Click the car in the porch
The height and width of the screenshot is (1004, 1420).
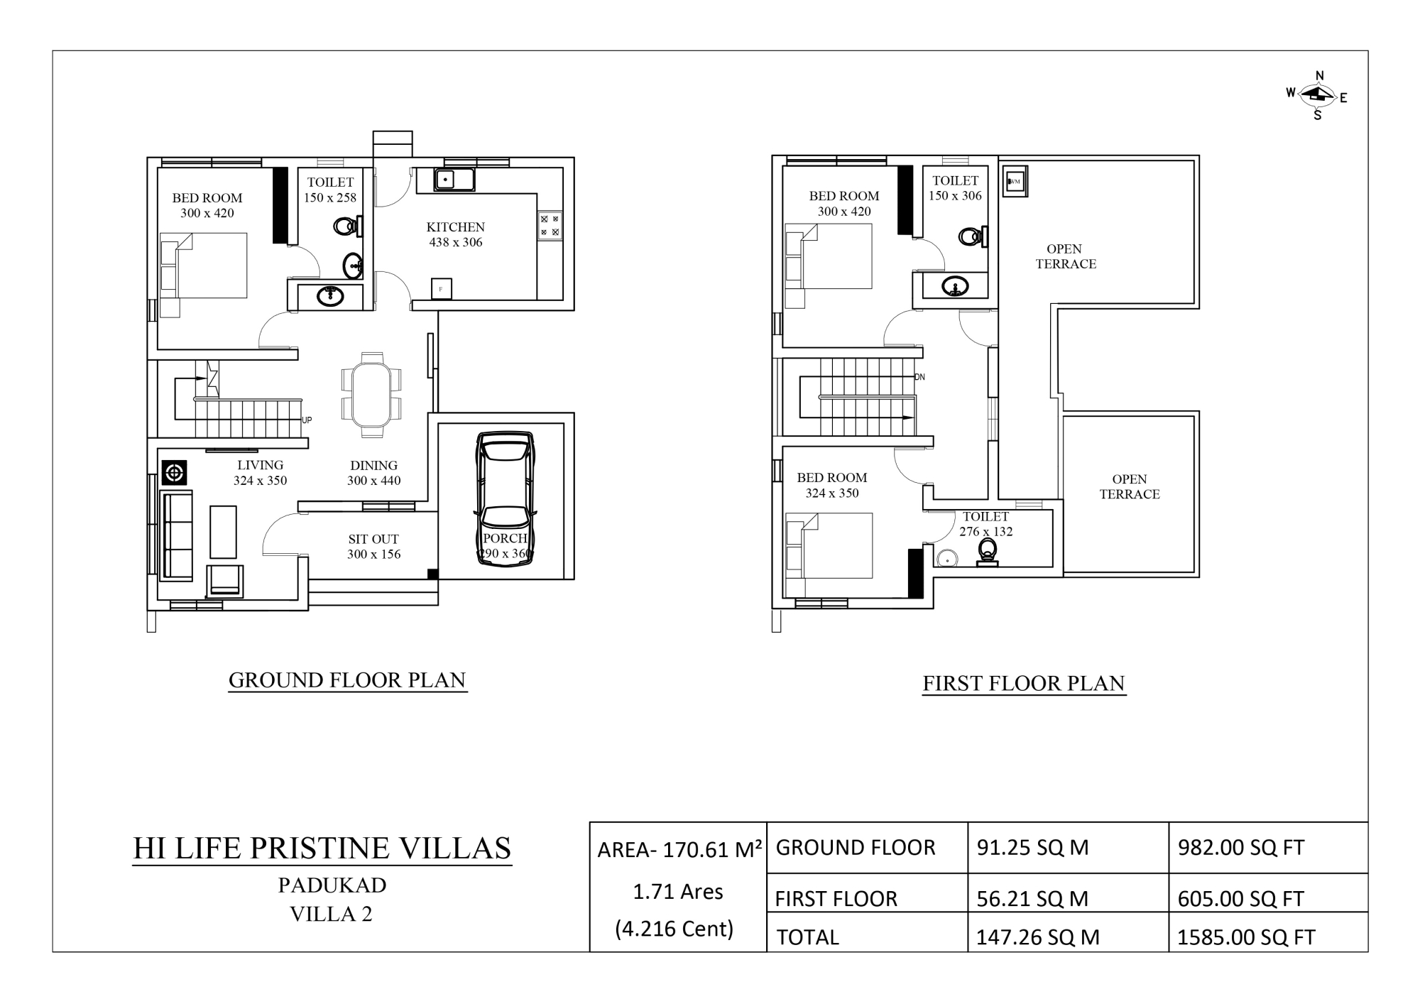[x=505, y=499]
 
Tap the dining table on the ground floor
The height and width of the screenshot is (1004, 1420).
[x=371, y=394]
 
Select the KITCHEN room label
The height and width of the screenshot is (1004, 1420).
[x=456, y=227]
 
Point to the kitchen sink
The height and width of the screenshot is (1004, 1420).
[x=455, y=180]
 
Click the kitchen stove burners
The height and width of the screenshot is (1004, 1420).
[x=550, y=225]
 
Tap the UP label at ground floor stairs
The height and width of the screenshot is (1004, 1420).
[x=307, y=420]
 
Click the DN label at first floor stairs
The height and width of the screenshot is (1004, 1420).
[x=920, y=377]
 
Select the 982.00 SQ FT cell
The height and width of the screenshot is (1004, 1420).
[x=1241, y=847]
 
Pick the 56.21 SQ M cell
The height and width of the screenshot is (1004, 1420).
[x=1032, y=898]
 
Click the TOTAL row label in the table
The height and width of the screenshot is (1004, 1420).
[x=808, y=937]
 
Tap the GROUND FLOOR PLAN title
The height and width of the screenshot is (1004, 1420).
[x=347, y=680]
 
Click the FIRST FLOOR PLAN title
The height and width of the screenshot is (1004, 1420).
[x=1024, y=683]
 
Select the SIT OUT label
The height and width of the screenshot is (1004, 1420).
[x=373, y=539]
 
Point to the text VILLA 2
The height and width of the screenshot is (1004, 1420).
[x=331, y=914]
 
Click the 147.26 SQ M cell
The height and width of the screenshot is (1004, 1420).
[x=1038, y=937]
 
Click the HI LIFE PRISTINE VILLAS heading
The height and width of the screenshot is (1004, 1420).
[x=322, y=848]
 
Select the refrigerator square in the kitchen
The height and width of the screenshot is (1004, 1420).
[x=442, y=289]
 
